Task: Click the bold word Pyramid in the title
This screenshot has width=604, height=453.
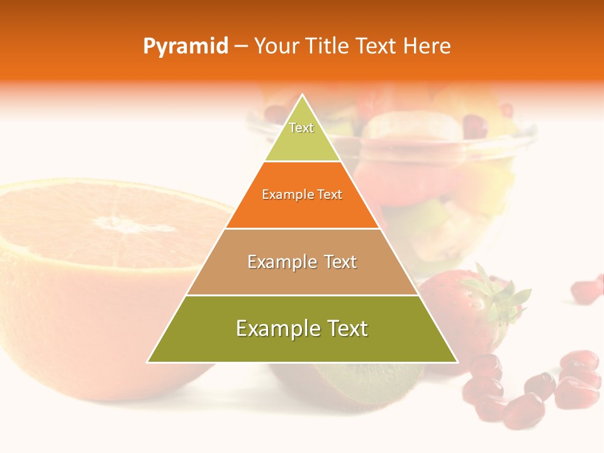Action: (185, 47)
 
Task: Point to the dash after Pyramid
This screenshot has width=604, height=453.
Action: (240, 47)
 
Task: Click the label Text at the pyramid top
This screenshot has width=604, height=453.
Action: (301, 128)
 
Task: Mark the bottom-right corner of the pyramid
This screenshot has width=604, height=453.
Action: (457, 362)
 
